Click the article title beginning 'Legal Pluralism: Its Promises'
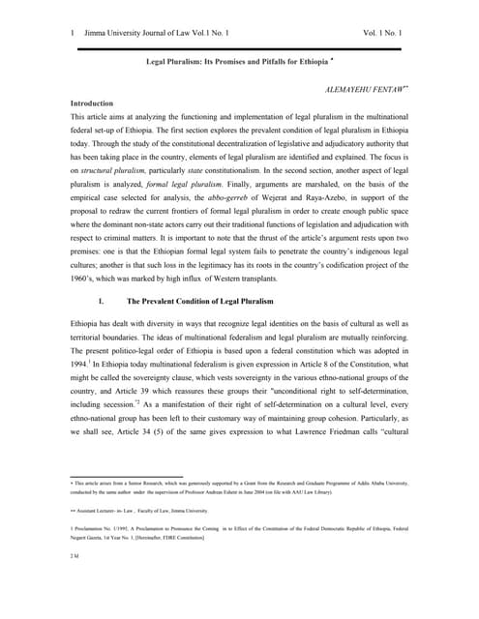(x=236, y=61)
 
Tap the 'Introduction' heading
(x=97, y=103)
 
